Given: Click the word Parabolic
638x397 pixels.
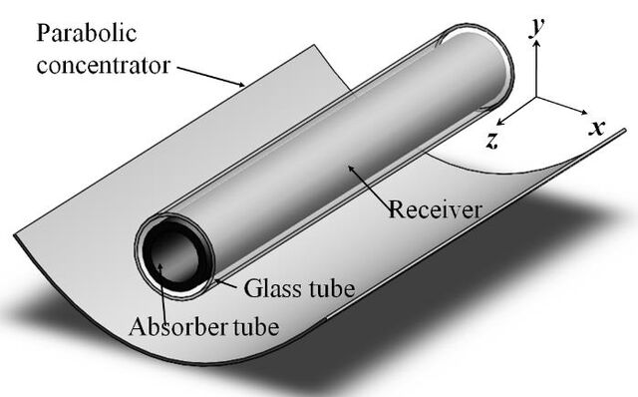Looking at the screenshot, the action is tap(87, 33).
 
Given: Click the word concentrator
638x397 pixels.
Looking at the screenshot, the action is tap(103, 65).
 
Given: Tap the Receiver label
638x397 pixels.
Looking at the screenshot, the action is tap(435, 209).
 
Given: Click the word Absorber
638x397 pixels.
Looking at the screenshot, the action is tap(179, 326).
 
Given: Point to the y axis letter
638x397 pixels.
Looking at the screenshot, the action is tap(537, 28).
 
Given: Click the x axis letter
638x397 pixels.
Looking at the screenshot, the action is tap(597, 128).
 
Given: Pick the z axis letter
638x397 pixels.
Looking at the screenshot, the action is tap(492, 141).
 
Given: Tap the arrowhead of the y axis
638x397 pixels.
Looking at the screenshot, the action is tap(536, 43).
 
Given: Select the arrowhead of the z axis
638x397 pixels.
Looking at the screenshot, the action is tap(500, 122).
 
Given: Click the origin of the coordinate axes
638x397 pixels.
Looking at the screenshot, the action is tap(536, 97).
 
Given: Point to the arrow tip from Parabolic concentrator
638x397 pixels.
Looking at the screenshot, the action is tap(244, 86).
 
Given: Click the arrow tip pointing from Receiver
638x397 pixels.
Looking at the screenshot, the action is tap(348, 166).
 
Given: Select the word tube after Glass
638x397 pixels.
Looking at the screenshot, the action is tap(332, 288).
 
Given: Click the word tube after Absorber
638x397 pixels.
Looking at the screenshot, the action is tap(256, 326).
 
